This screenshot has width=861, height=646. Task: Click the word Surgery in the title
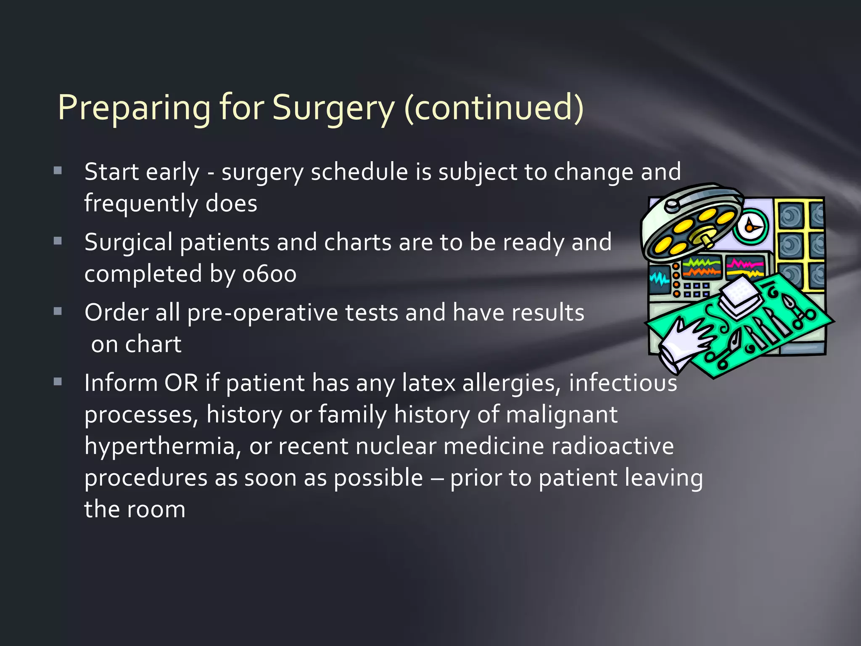pyautogui.click(x=333, y=107)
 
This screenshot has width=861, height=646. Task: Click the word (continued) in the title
pyautogui.click(x=494, y=107)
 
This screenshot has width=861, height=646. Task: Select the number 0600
pyautogui.click(x=269, y=274)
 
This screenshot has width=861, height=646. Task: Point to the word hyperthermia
pyautogui.click(x=159, y=447)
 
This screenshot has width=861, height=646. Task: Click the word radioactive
pyautogui.click(x=612, y=446)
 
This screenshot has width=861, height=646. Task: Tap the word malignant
pyautogui.click(x=561, y=415)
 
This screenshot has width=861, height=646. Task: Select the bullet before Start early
pyautogui.click(x=58, y=171)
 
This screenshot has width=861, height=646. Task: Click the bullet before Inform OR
pyautogui.click(x=58, y=382)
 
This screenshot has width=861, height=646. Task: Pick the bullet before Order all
pyautogui.click(x=58, y=312)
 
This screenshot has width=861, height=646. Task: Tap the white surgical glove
pyautogui.click(x=685, y=343)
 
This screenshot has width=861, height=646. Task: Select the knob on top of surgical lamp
pyautogui.click(x=671, y=205)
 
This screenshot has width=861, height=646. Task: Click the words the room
pyautogui.click(x=135, y=510)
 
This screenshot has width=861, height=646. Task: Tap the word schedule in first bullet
pyautogui.click(x=359, y=172)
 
